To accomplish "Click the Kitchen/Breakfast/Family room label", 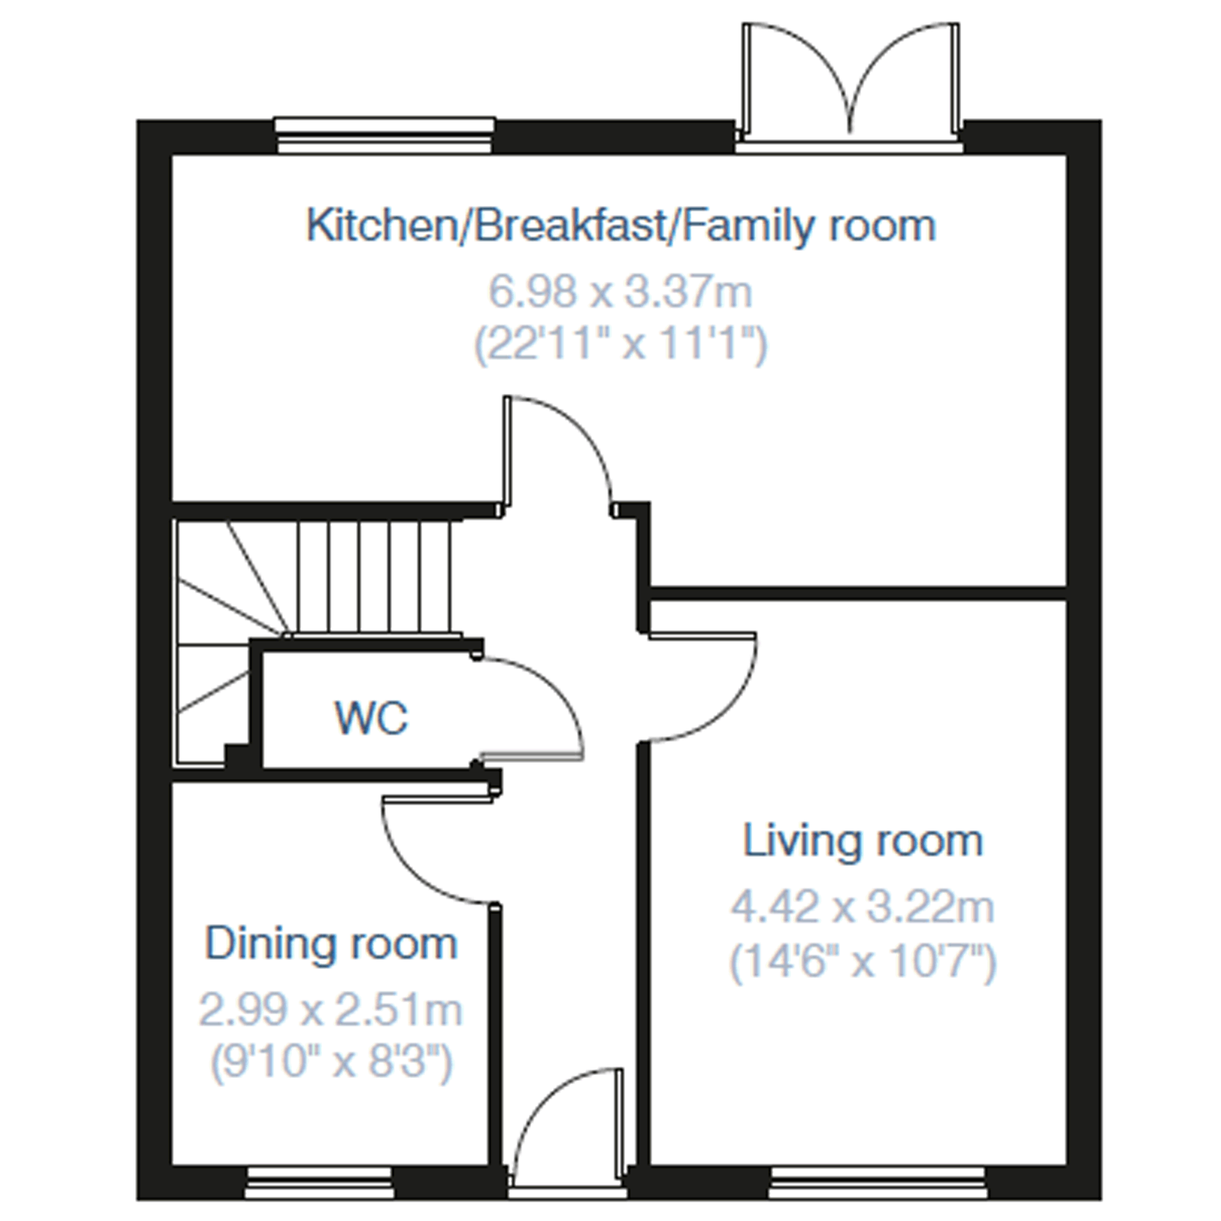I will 620,226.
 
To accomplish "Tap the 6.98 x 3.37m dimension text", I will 620,292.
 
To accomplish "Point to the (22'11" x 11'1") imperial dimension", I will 620,344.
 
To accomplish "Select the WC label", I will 371,718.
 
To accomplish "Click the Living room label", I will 863,841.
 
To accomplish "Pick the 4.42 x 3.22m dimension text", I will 863,907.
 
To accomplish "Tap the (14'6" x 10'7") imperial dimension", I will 863,962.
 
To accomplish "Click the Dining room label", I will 330,944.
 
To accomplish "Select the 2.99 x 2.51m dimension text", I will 330,1009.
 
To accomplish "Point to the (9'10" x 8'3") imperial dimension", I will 330,1063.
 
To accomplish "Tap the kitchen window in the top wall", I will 384,136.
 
